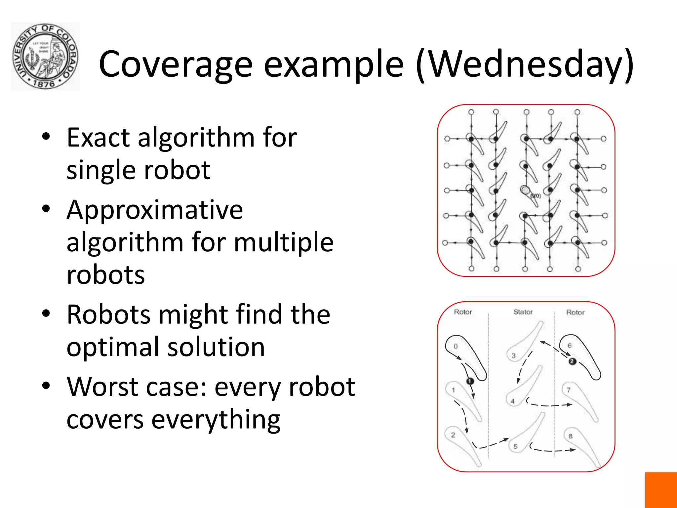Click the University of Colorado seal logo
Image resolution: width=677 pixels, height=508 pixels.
pos(45,56)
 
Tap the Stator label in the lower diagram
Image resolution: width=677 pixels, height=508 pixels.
pos(523,312)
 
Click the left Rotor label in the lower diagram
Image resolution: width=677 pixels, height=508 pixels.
pos(463,312)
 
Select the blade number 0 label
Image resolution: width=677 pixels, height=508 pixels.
pos(456,346)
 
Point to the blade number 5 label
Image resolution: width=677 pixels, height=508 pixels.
pos(515,446)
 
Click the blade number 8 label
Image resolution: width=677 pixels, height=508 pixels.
pos(570,436)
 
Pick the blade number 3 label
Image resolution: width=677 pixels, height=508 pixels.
pos(513,356)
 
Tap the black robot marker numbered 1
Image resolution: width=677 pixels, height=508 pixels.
pos(470,381)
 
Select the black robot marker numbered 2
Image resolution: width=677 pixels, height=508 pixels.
pos(572,361)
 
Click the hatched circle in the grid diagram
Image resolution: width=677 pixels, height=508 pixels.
pos(525,190)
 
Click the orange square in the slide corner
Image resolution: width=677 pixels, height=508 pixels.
pos(661,490)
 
